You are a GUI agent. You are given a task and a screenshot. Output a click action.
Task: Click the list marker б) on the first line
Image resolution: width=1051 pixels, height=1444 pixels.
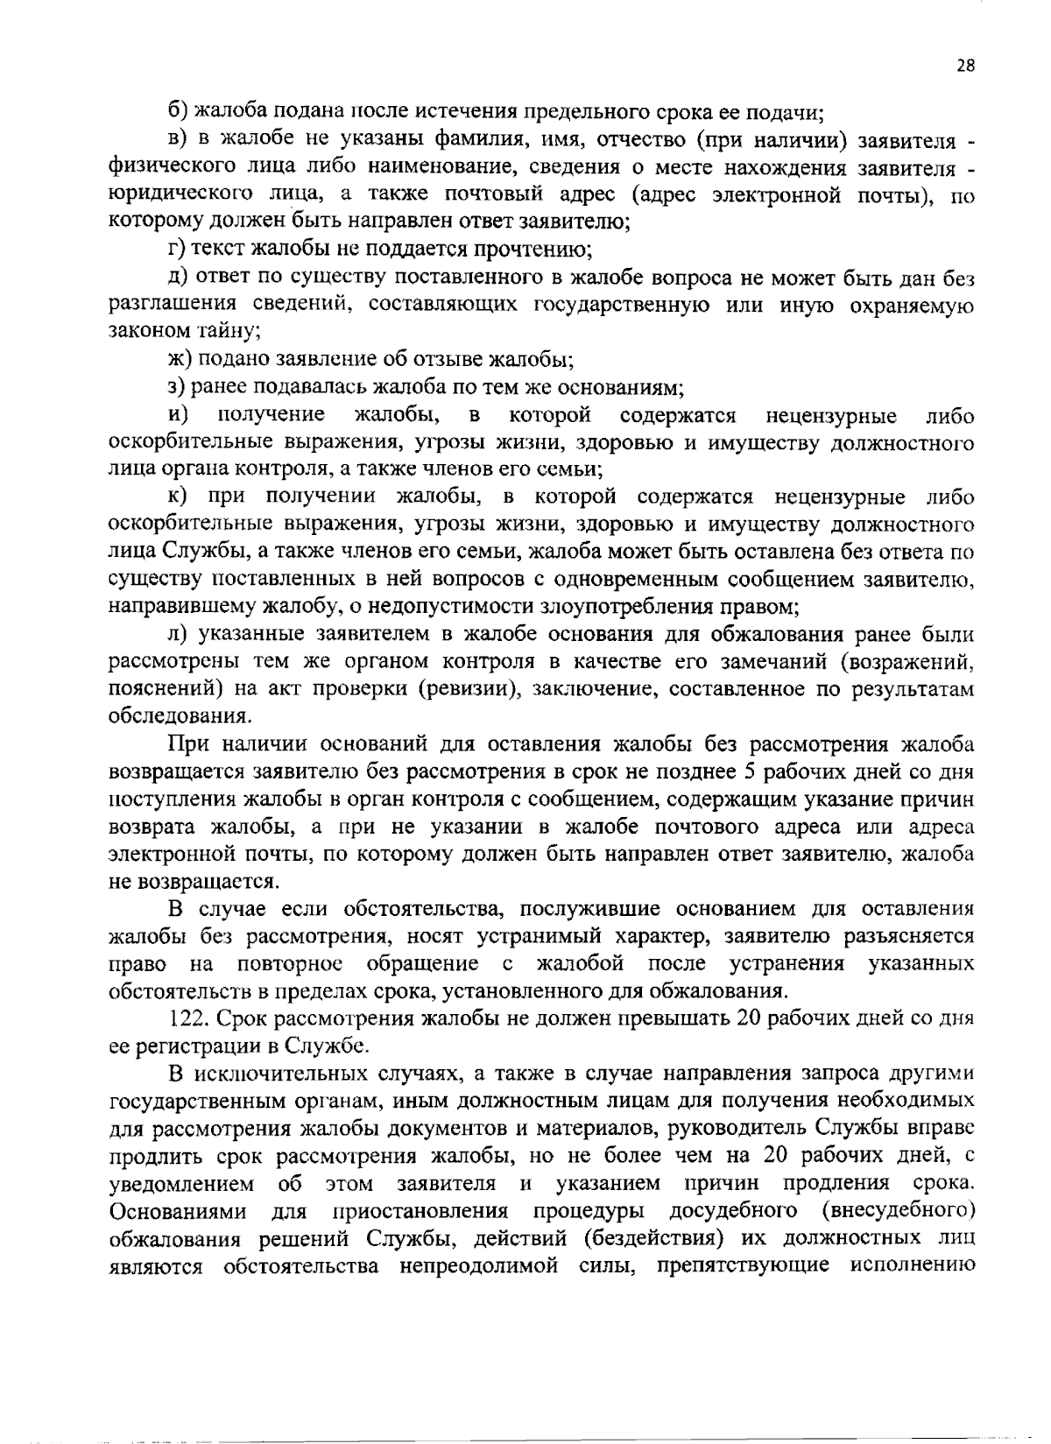(179, 112)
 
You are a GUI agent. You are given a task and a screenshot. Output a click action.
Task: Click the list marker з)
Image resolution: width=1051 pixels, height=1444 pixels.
(179, 387)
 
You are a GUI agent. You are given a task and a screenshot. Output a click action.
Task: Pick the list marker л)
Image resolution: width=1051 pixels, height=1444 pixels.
(179, 635)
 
